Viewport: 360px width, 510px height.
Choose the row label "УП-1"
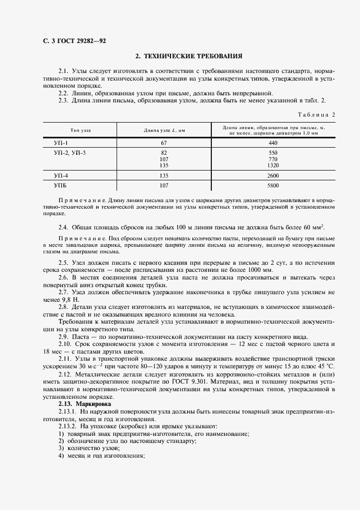tap(62, 143)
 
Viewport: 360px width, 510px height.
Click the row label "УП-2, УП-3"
tap(70, 153)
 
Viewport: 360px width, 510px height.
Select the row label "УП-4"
tap(62, 175)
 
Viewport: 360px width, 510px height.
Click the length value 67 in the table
tap(164, 143)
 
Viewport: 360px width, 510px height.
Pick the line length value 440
tap(273, 143)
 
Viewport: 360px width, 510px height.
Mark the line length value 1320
tap(273, 165)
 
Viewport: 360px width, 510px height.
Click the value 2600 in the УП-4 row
tap(273, 175)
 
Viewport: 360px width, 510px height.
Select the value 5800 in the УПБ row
tap(273, 185)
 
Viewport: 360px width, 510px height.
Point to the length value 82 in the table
tap(164, 153)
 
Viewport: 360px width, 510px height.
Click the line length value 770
tap(273, 159)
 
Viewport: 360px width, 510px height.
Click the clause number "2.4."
tap(64, 227)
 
